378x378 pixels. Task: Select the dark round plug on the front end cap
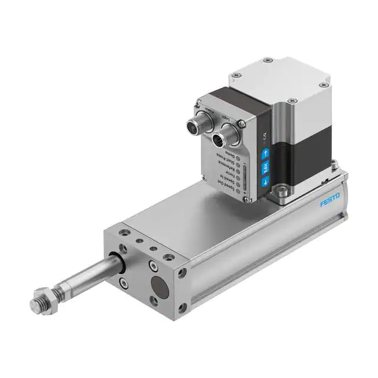tap(160, 288)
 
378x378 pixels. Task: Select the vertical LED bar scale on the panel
tap(245, 176)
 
